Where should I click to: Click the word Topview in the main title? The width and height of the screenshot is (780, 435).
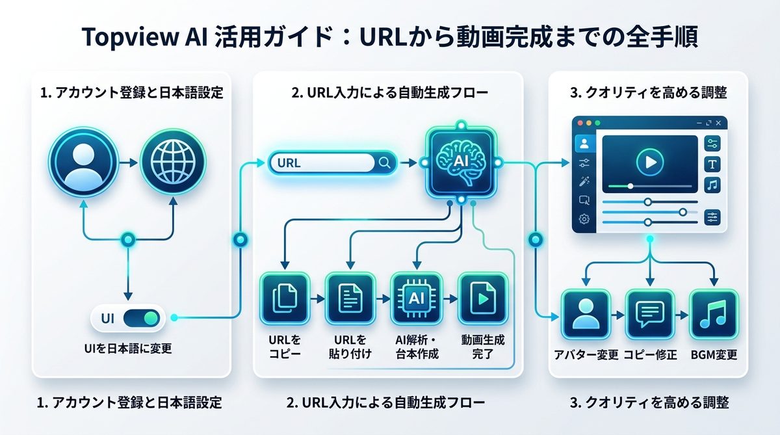127,38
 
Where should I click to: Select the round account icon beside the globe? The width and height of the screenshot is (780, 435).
83,159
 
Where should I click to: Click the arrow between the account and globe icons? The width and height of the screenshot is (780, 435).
128,160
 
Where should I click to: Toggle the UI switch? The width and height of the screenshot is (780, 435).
142,319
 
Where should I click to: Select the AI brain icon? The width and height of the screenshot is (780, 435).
461,160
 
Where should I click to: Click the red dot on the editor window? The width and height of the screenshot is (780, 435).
580,123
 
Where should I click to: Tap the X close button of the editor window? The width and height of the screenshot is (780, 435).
718,123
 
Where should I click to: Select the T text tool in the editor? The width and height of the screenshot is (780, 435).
712,164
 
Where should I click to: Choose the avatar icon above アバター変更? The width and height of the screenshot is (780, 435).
585,315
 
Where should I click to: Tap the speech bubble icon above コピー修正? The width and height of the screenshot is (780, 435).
648,315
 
